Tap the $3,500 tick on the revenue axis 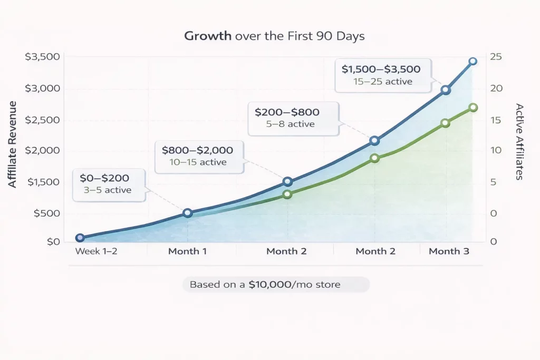(x=42, y=57)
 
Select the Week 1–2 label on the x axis (x=96, y=251)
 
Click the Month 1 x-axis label (x=187, y=251)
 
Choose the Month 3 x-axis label (x=449, y=251)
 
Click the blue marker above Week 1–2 (x=80, y=238)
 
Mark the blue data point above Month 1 (x=187, y=213)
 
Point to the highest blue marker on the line (x=472, y=62)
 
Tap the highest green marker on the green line (x=473, y=108)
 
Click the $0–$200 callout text (x=104, y=178)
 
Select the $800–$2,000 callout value (x=197, y=150)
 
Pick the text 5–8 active (x=291, y=124)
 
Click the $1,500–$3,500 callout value (x=381, y=69)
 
